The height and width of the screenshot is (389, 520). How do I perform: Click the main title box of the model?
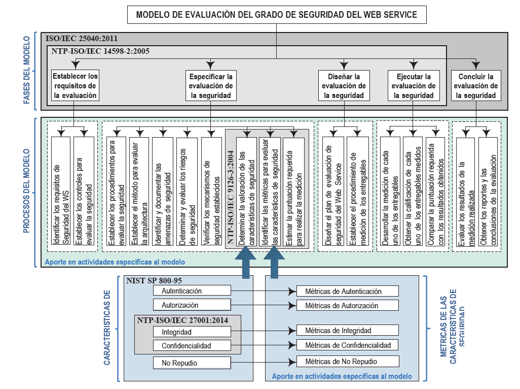pos(277,15)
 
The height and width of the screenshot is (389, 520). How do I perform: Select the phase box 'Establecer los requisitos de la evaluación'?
pos(75,85)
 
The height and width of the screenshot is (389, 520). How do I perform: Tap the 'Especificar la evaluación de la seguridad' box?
pos(210,85)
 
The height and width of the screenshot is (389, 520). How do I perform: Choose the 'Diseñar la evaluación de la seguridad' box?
pos(344,85)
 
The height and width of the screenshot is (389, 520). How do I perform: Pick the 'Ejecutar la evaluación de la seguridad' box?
pos(414,85)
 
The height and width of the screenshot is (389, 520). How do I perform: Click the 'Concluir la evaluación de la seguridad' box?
pos(475,85)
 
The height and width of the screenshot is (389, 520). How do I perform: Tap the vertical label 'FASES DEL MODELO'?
pos(26,71)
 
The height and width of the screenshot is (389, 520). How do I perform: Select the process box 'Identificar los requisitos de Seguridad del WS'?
pos(61,193)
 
